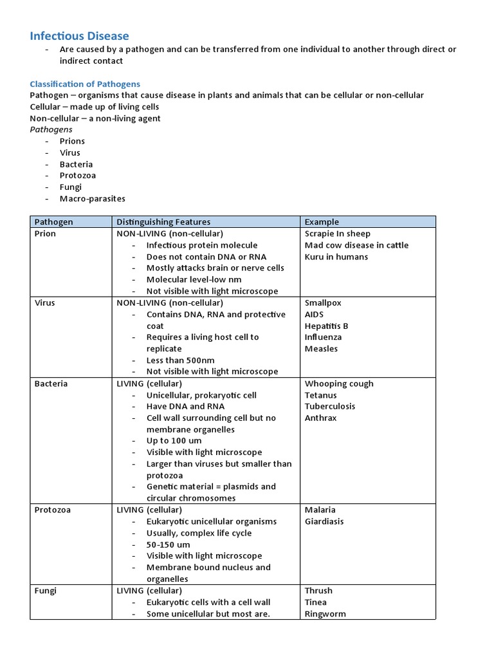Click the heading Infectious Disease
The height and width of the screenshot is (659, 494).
pos(79,36)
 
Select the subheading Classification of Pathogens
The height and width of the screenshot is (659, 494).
pos(85,84)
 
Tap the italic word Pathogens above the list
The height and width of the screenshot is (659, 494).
pos(51,129)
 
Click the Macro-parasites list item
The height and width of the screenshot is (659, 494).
pos(92,199)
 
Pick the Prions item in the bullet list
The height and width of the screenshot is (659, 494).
pos(72,141)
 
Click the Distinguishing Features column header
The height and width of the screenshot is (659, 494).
pos(163,222)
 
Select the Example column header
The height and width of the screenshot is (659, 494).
pos(322,222)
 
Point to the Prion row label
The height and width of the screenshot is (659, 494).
pos(45,234)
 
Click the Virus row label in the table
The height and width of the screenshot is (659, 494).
pos(44,303)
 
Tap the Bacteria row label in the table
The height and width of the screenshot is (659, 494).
pos(51,384)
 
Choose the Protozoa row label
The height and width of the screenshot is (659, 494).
pos(52,510)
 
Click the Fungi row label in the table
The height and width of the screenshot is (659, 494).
pos(45,591)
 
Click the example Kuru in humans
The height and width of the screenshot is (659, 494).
pos(336,257)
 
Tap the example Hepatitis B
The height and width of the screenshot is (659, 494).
pos(327,326)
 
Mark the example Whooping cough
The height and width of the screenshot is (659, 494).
pos(339,384)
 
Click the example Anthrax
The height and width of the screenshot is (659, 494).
pos(320,418)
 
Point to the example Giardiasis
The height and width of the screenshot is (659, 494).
pos(324,521)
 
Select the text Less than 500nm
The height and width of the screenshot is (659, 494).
pos(180,360)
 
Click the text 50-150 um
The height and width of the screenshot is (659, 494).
pos(168,544)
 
